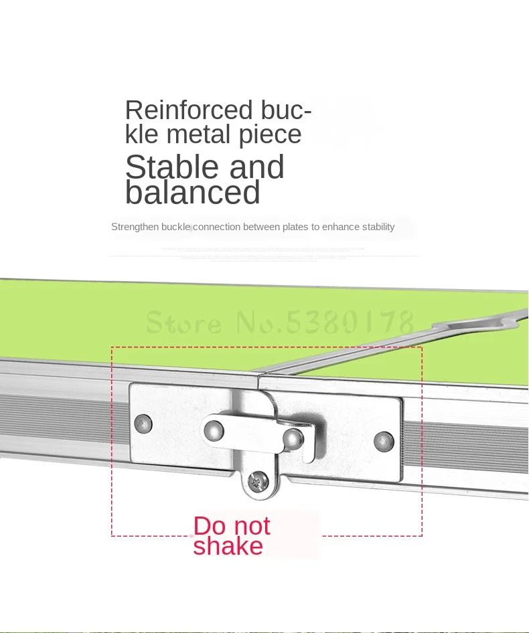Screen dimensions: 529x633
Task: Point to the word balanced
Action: (x=192, y=193)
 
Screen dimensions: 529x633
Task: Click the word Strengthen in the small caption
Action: (x=135, y=227)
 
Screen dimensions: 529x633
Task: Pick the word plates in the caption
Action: (x=295, y=227)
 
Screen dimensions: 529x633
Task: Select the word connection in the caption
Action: (x=216, y=227)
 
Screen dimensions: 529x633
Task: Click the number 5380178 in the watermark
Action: (x=350, y=323)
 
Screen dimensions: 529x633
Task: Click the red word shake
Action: (x=228, y=546)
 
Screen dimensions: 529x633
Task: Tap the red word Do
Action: (x=209, y=526)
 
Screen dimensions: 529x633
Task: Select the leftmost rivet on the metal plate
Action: (x=143, y=423)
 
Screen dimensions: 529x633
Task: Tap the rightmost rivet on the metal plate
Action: (x=384, y=441)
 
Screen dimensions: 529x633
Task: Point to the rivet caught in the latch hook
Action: (x=292, y=438)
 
